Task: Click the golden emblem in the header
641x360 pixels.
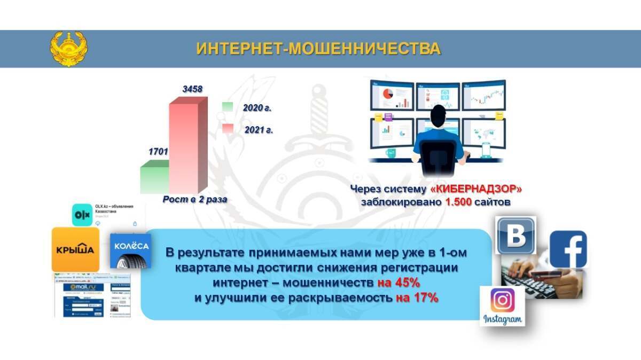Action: pos(69,49)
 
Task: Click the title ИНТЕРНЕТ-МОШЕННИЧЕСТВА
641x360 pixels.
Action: pos(318,49)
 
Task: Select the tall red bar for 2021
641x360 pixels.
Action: pos(184,147)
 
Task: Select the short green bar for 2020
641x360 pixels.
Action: pos(154,178)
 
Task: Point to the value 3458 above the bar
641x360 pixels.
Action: pos(192,89)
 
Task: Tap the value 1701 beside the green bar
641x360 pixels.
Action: pos(158,152)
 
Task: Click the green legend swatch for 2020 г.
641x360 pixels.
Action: pos(228,107)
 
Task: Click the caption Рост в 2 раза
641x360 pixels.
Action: pos(195,199)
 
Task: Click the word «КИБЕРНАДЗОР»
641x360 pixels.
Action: pos(476,189)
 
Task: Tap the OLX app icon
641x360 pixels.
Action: pos(83,214)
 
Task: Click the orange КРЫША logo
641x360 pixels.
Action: pos(75,249)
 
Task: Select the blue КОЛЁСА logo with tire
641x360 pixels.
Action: pos(131,250)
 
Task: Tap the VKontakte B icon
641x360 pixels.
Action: pos(515,235)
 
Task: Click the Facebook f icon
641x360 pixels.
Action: pos(568,249)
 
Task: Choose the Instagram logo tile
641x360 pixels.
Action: pos(502,306)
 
